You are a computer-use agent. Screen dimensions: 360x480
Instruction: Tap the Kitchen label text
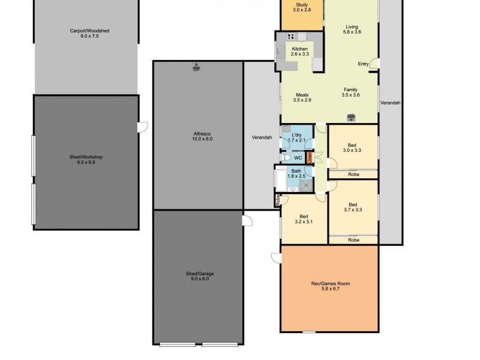(x=299, y=49)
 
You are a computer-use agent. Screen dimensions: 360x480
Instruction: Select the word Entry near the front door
(x=363, y=64)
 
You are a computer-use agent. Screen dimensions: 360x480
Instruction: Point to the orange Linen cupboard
(x=310, y=158)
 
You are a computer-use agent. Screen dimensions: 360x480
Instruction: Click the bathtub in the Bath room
(x=281, y=179)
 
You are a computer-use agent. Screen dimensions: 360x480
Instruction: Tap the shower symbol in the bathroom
(x=307, y=184)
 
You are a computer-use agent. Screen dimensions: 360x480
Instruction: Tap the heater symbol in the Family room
(x=352, y=117)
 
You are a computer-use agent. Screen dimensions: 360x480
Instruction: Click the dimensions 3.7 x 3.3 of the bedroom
(x=353, y=210)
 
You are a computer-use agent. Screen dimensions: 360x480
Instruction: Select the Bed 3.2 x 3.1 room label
(x=304, y=219)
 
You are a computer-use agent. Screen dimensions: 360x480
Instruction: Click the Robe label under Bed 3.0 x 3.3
(x=353, y=174)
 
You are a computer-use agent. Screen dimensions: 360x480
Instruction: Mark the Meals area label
(x=302, y=97)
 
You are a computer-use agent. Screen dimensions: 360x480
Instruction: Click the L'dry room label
(x=297, y=137)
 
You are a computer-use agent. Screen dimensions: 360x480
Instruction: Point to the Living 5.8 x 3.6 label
(x=352, y=29)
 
